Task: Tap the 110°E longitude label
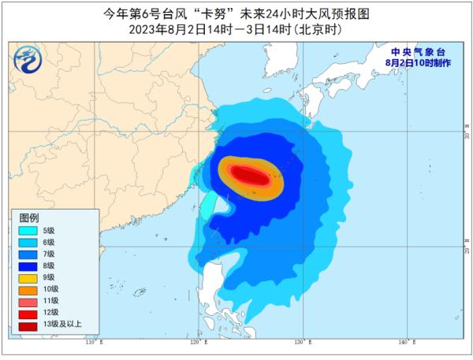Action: pyautogui.click(x=93, y=343)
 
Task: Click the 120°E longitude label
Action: pyautogui.click(x=197, y=343)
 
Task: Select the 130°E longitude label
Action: pyautogui.click(x=300, y=343)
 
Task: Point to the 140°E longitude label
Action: pyautogui.click(x=404, y=343)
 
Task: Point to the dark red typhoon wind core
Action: pyautogui.click(x=248, y=175)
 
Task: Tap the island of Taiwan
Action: pyautogui.click(x=208, y=204)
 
